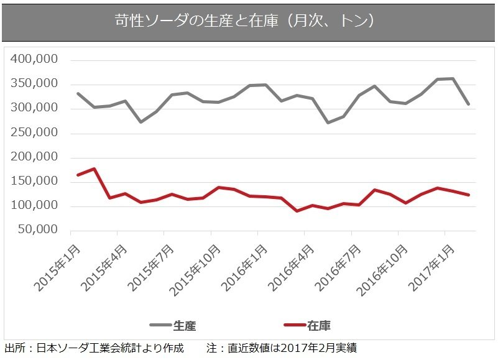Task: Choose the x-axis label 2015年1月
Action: pos(58,267)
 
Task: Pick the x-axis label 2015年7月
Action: pos(152,267)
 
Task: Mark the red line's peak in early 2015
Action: pos(93,168)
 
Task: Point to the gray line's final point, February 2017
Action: pos(469,104)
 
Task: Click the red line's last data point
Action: pos(469,195)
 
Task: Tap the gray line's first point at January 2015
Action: pos(78,93)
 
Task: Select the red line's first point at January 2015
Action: pos(78,175)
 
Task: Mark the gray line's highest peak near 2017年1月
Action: pos(453,78)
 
